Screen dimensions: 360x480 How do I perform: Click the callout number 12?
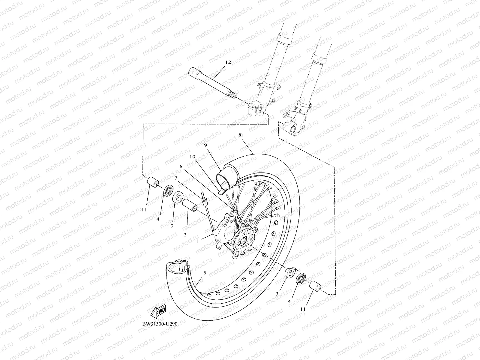[228, 62]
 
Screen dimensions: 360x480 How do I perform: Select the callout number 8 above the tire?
[240, 135]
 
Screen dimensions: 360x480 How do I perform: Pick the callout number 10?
[192, 157]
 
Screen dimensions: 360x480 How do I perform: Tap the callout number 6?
[181, 166]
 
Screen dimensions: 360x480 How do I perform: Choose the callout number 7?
[176, 178]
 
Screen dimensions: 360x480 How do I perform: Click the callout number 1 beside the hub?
[197, 241]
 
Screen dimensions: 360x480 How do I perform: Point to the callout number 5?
[205, 273]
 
